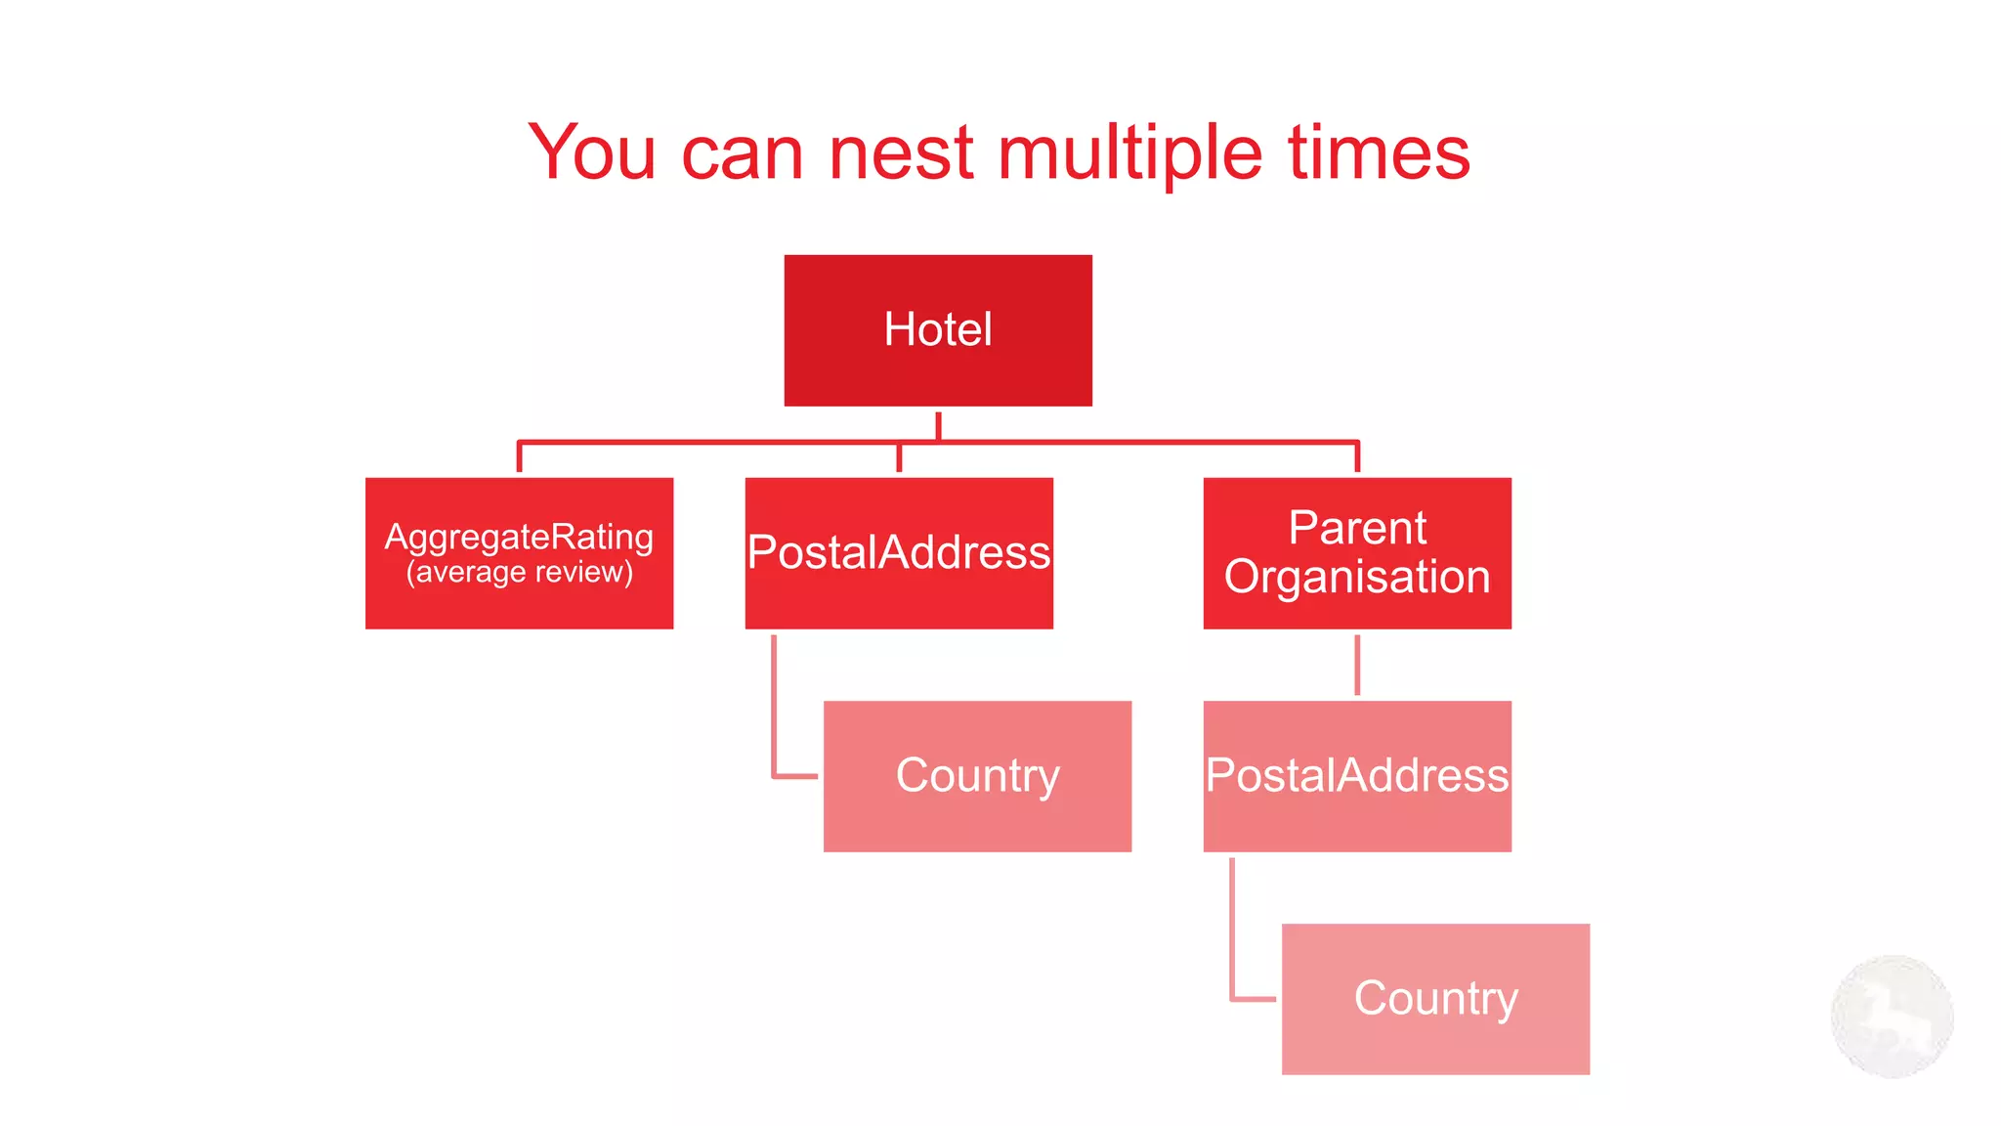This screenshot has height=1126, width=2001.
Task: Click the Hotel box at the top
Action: click(938, 330)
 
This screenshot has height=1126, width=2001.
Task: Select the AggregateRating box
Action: click(519, 553)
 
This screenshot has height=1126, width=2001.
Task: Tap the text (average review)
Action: click(519, 572)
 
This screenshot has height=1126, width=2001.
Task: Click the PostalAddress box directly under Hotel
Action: click(899, 553)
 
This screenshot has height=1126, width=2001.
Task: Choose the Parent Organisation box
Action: click(1357, 553)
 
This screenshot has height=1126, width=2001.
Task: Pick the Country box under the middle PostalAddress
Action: click(977, 776)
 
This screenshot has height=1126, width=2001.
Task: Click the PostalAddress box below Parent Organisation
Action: click(1357, 776)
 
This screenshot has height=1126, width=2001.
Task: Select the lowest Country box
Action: click(1435, 999)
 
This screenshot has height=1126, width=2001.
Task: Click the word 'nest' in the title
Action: click(901, 152)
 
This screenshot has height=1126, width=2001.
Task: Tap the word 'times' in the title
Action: click(1379, 152)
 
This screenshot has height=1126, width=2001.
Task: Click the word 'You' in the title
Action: click(592, 152)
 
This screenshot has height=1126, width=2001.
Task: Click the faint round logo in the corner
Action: click(1892, 1017)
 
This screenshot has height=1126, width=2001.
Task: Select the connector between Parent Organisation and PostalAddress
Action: click(1357, 665)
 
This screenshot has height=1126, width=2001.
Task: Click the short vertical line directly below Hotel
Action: click(938, 426)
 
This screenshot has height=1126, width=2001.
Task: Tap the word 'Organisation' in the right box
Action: click(1357, 577)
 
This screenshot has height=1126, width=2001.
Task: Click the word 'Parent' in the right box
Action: click(1357, 528)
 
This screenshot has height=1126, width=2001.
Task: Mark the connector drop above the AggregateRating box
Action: click(519, 457)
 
